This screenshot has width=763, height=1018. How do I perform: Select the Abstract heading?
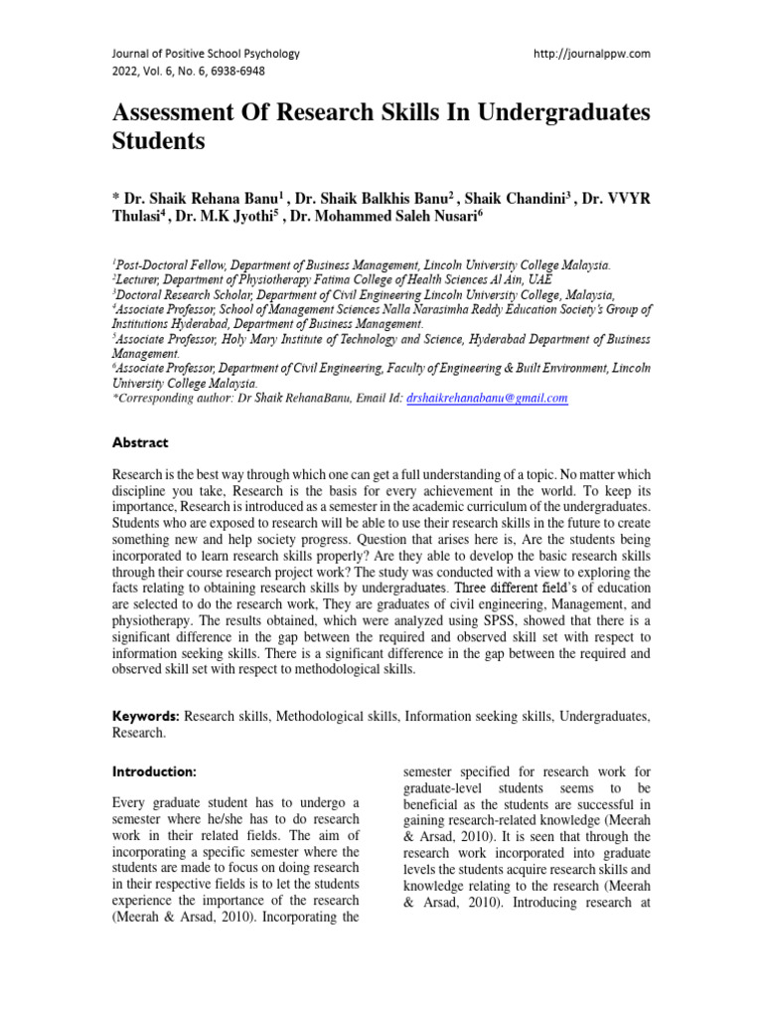coord(139,442)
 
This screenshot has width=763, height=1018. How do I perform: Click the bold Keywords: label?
coord(145,716)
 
